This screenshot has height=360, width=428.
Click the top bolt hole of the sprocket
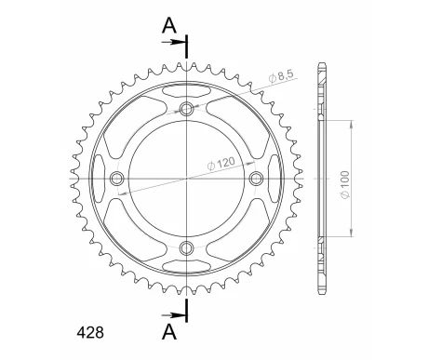pos(187,109)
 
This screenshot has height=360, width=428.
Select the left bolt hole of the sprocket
pos(117,178)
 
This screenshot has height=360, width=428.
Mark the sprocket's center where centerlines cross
pos(187,178)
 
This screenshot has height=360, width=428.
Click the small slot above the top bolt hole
pos(187,92)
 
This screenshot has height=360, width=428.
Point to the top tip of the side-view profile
pos(322,64)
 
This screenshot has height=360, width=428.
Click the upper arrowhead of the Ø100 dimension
pos(351,122)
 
